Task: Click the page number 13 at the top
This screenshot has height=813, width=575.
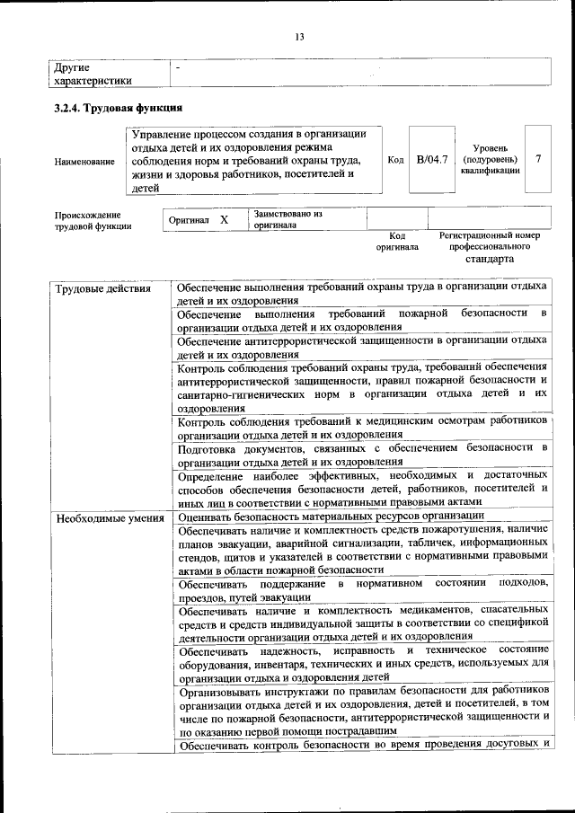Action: [x=299, y=36]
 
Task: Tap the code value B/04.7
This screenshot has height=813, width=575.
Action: [x=432, y=160]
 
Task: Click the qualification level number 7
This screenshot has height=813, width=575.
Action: [x=537, y=159]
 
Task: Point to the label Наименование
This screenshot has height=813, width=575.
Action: [x=84, y=162]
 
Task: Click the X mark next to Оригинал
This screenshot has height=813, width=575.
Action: [x=225, y=219]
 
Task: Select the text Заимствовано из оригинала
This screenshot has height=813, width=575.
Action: [x=288, y=220]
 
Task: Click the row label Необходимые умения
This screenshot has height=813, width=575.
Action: [x=109, y=518]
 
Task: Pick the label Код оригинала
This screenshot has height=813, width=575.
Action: [x=397, y=241]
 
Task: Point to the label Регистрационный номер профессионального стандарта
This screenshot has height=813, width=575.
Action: [x=489, y=246]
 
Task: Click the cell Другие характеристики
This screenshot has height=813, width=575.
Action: [x=93, y=74]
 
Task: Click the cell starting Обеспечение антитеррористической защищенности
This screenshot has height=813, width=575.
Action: [x=361, y=348]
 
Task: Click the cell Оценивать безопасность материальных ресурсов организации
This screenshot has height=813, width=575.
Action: [x=332, y=517]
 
